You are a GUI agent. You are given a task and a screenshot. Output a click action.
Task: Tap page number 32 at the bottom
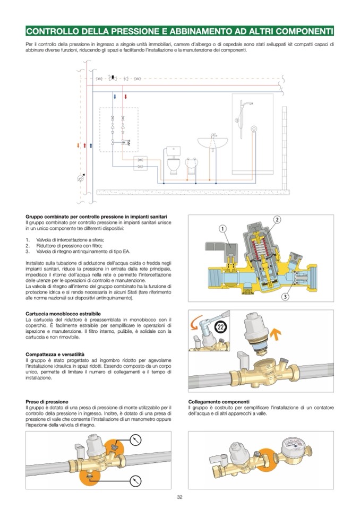coord(180,497)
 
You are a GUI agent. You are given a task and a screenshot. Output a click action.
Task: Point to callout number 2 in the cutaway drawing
coord(277,219)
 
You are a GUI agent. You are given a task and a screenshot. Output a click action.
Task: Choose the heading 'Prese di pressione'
coord(47,401)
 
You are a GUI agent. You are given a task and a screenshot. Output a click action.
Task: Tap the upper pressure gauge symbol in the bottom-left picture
coord(137,439)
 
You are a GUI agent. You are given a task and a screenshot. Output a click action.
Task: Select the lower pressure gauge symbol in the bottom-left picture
coord(137,480)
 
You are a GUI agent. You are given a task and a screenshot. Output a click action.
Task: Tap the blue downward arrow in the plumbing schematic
coord(114,98)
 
